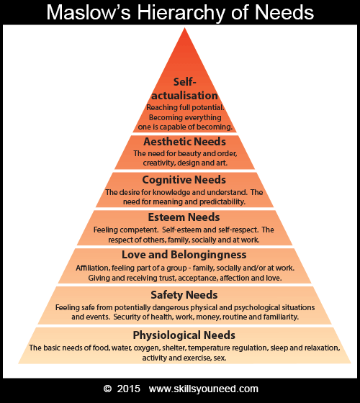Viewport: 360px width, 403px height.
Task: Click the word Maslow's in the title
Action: pyautogui.click(x=89, y=12)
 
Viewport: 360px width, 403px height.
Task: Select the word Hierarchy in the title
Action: pyautogui.click(x=181, y=13)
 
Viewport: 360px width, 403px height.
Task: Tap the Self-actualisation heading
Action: pyautogui.click(x=184, y=89)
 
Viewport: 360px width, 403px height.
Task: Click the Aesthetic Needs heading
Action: pyautogui.click(x=184, y=141)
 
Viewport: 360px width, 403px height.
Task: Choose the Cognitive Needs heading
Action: pyautogui.click(x=184, y=180)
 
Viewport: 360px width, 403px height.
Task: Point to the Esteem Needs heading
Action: pyautogui.click(x=184, y=217)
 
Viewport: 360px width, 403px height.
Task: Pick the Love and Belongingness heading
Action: pyautogui.click(x=184, y=255)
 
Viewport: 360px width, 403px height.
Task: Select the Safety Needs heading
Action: pyautogui.click(x=184, y=295)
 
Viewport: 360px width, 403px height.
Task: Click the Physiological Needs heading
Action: pyautogui.click(x=184, y=335)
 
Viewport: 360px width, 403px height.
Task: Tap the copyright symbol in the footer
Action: pyautogui.click(x=107, y=389)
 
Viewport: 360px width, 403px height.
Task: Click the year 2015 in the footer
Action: pyautogui.click(x=129, y=389)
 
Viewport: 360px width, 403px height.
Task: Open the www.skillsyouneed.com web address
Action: pyautogui.click(x=204, y=389)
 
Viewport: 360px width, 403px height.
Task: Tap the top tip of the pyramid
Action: pyautogui.click(x=184, y=28)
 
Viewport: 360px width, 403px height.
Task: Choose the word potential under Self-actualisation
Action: pyautogui.click(x=207, y=107)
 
